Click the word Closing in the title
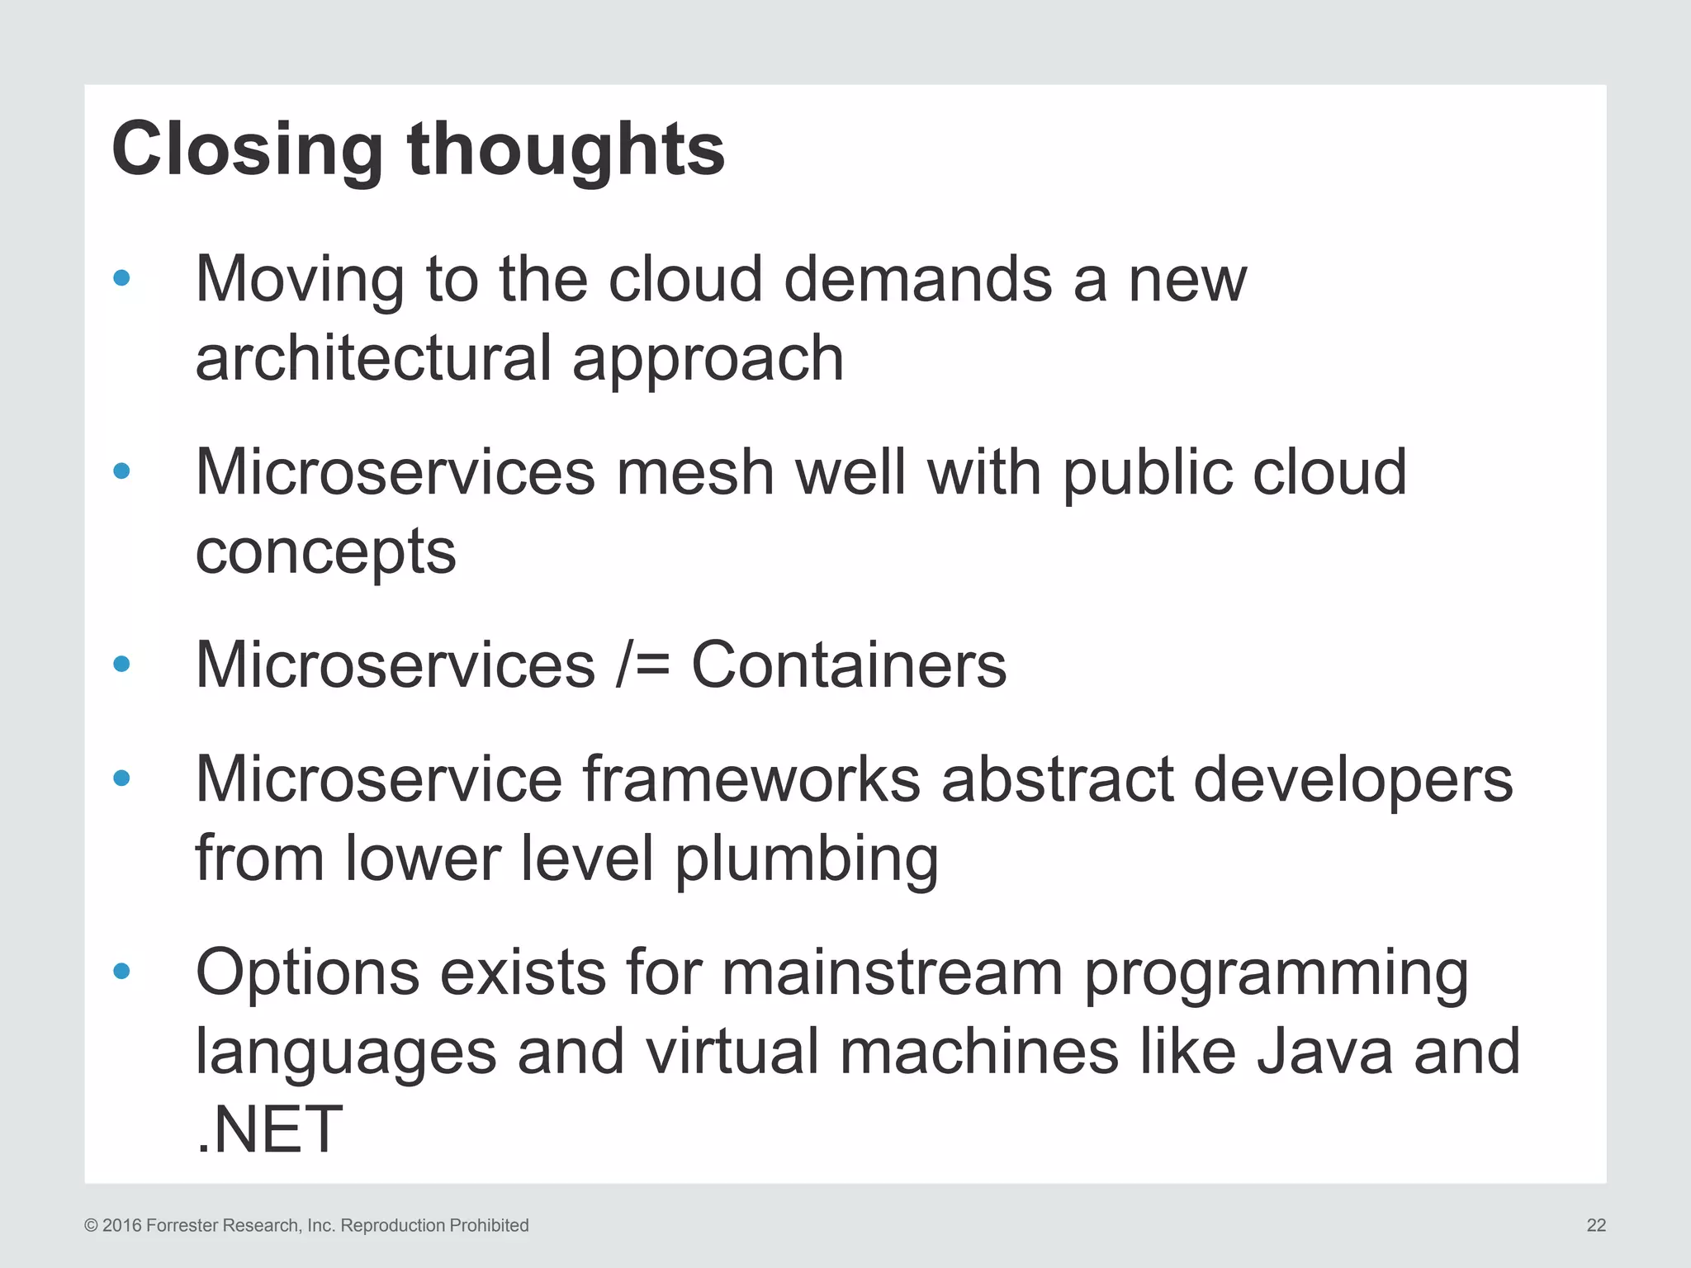pyautogui.click(x=246, y=150)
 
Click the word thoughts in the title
pyautogui.click(x=566, y=150)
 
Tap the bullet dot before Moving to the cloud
pyautogui.click(x=121, y=278)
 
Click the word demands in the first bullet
pyautogui.click(x=917, y=279)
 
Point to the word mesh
pyautogui.click(x=694, y=472)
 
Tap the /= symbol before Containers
pyautogui.click(x=642, y=665)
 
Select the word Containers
pyautogui.click(x=848, y=665)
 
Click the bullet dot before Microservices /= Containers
pyautogui.click(x=121, y=664)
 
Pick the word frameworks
pyautogui.click(x=751, y=779)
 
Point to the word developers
pyautogui.click(x=1352, y=779)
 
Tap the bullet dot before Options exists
pyautogui.click(x=121, y=972)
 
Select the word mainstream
pyautogui.click(x=892, y=972)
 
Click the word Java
pyautogui.click(x=1324, y=1052)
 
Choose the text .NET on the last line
pyautogui.click(x=269, y=1130)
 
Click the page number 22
pyautogui.click(x=1595, y=1226)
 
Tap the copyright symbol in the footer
pyautogui.click(x=92, y=1226)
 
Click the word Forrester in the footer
pyautogui.click(x=182, y=1226)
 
